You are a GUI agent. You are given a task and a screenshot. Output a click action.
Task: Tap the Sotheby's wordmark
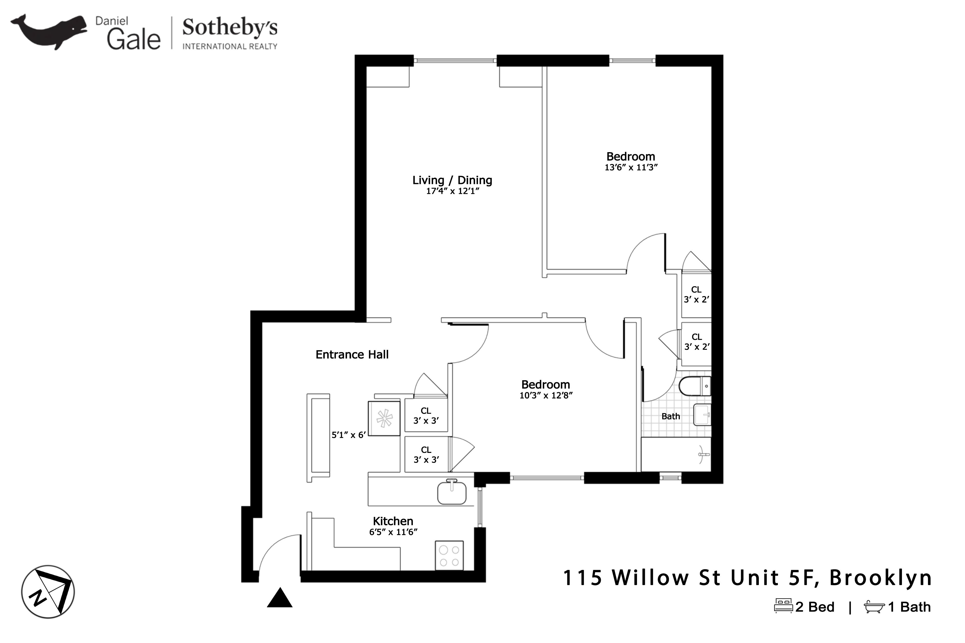230,28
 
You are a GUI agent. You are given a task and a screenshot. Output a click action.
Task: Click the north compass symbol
48,592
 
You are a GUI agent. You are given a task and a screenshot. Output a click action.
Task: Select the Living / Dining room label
452,180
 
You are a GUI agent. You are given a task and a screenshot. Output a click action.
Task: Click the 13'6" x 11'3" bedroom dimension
631,167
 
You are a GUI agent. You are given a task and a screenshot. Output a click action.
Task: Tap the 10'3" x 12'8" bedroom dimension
546,396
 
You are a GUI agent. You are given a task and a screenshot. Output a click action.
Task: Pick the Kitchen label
393,521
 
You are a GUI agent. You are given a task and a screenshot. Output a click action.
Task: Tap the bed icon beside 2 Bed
783,606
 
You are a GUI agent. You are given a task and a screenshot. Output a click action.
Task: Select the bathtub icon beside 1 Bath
874,607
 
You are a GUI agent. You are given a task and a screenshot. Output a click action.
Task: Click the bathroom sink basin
702,415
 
